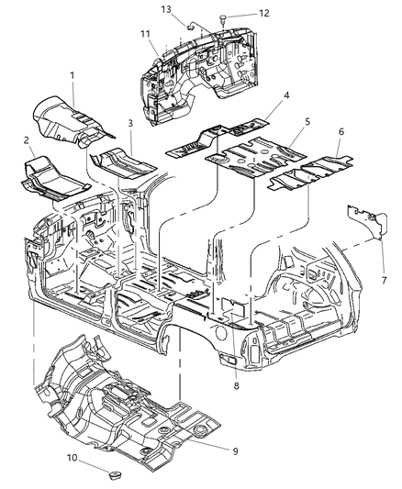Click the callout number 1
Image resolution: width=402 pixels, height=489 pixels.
click(73, 76)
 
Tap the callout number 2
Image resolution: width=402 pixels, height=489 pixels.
click(27, 140)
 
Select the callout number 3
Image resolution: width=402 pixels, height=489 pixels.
click(130, 123)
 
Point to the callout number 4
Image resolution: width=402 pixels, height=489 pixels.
click(286, 95)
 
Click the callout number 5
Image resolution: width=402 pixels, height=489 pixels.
click(307, 122)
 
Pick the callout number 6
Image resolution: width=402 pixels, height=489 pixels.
click(341, 131)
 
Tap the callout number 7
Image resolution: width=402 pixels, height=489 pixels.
click(384, 280)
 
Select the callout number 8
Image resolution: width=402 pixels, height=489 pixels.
click(236, 385)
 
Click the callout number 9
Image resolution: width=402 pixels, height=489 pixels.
click(236, 451)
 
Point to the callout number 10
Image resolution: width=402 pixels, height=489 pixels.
click(72, 458)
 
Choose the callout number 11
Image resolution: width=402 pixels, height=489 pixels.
click(145, 34)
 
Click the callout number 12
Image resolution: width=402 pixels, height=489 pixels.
click(264, 14)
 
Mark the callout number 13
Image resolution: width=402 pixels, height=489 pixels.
click(166, 9)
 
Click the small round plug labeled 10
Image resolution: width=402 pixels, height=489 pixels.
click(115, 475)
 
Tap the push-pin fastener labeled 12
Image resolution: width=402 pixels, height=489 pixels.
click(223, 18)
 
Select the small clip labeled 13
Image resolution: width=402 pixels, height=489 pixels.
click(190, 28)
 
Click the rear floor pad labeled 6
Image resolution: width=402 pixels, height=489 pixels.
click(311, 173)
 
